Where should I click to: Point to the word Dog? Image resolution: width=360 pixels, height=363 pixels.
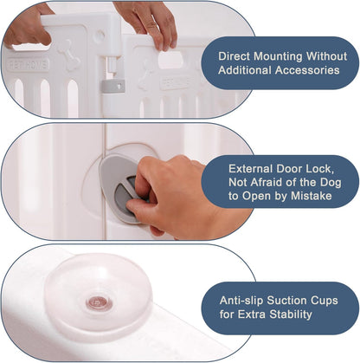point(331,183)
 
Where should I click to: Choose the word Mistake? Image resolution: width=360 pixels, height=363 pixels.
point(312,196)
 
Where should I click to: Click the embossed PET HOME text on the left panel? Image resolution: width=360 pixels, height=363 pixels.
point(28,65)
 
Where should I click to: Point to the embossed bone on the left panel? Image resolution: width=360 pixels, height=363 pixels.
point(69,55)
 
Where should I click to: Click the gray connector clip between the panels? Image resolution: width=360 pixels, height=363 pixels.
point(113,86)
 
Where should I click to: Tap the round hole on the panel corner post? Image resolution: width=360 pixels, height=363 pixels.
point(100,36)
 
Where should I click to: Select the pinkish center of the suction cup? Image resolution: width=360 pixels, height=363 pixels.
point(100,303)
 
